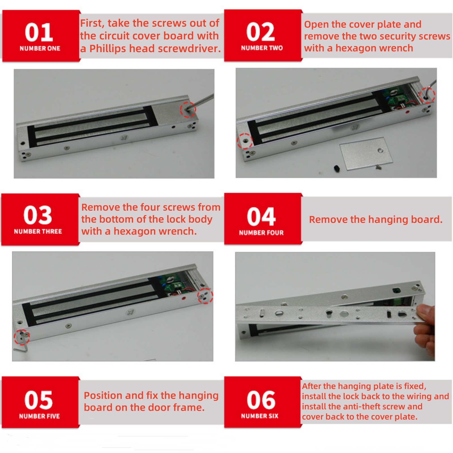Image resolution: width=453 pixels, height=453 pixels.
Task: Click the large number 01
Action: (x=39, y=32)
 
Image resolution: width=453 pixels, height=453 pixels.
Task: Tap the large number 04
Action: (x=261, y=217)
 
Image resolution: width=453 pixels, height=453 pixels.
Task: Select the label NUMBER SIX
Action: (x=260, y=416)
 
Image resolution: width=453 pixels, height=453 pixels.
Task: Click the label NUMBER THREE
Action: (x=38, y=231)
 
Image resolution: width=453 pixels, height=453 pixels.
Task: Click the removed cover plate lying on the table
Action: (x=366, y=155)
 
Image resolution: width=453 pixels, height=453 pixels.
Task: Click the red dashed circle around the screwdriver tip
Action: (x=188, y=109)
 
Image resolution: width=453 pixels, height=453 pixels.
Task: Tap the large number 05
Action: (x=39, y=400)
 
